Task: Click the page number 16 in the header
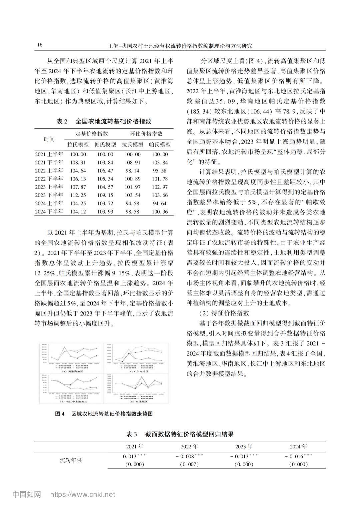(x=40, y=45)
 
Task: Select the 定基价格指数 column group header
(x=92, y=134)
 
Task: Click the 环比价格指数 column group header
(x=146, y=134)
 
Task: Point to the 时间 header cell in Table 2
(x=49, y=139)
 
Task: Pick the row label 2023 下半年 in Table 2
(x=49, y=195)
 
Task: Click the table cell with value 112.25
(x=78, y=195)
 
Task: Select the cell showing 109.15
(x=105, y=195)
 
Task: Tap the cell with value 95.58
(x=160, y=171)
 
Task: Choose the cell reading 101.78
(x=160, y=179)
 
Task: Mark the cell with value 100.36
(x=160, y=212)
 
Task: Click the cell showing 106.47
(x=105, y=171)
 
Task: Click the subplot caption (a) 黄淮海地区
(x=71, y=371)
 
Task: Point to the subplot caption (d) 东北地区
(x=136, y=402)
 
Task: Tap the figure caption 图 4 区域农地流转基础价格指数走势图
(x=104, y=414)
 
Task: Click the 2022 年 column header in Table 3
(x=189, y=446)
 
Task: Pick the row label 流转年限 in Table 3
(x=71, y=460)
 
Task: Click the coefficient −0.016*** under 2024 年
(x=298, y=456)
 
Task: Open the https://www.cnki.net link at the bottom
(x=83, y=494)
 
